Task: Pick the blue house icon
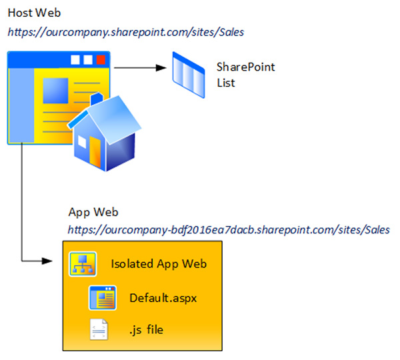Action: click(x=107, y=133)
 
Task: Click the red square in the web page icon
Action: click(x=101, y=60)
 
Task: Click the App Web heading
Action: click(x=93, y=212)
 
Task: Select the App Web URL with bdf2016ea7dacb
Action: click(x=229, y=229)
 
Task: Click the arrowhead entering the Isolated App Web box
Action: click(x=57, y=260)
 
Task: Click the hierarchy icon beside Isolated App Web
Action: click(x=83, y=264)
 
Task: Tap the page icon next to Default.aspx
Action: click(x=103, y=297)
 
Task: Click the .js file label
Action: click(x=146, y=329)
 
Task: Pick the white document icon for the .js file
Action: click(x=99, y=329)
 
